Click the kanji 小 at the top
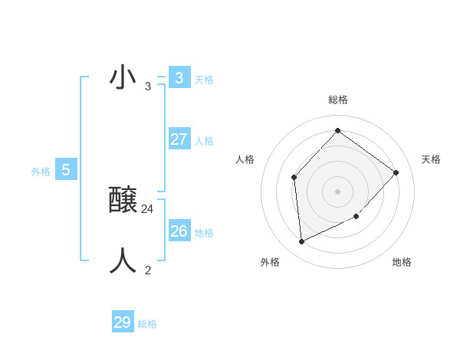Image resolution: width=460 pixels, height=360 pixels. tap(123, 78)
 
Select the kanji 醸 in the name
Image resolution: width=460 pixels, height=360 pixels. tap(123, 201)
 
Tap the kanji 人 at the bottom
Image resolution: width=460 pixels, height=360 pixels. tap(123, 261)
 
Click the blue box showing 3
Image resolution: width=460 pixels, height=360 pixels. tap(179, 77)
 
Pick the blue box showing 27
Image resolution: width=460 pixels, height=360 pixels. tap(179, 139)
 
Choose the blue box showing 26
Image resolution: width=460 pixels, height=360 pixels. tap(179, 231)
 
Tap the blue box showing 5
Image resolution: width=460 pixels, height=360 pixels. tap(66, 170)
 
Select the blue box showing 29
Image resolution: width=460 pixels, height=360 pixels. tap(123, 322)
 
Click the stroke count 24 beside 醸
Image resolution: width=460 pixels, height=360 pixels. tap(148, 208)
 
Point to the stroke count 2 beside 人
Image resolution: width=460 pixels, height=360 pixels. tap(148, 270)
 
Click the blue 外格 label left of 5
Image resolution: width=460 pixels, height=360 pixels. tap(41, 172)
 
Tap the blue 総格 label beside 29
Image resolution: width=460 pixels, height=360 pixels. tap(147, 324)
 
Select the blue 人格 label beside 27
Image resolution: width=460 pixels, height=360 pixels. tap(204, 141)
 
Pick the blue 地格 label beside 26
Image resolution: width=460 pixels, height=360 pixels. tap(204, 233)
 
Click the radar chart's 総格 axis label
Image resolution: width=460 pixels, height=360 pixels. tap(338, 100)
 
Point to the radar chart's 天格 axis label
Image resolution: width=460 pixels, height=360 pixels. tap(431, 159)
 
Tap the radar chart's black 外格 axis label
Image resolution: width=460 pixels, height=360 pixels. tap(270, 263)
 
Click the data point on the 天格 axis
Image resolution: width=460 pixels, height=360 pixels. tap(396, 172)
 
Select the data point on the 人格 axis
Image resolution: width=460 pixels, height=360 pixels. tap(294, 178)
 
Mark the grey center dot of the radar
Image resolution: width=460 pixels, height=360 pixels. tap(337, 191)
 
